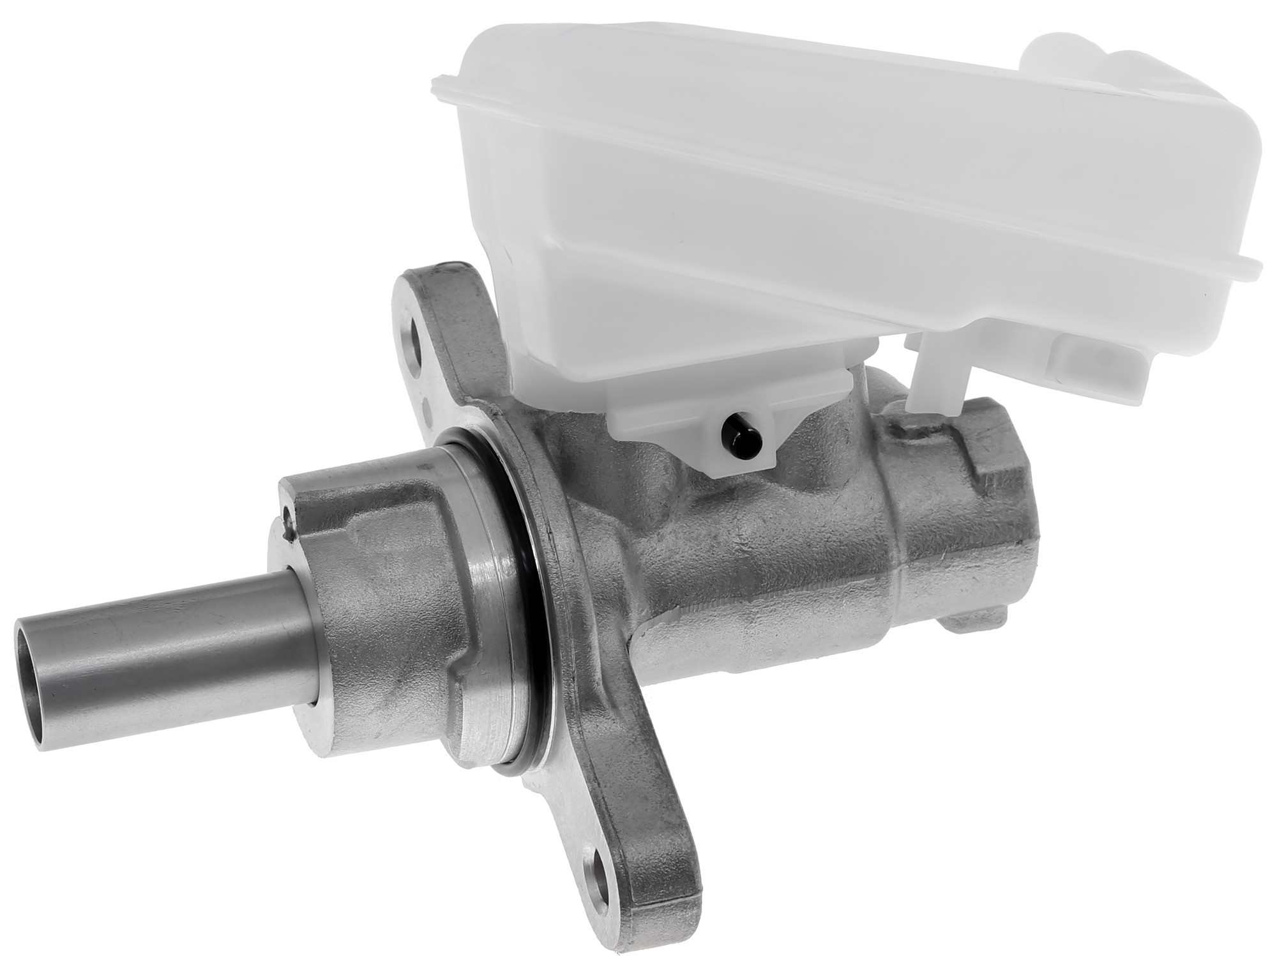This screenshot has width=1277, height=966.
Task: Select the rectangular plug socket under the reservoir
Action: point(1085,358)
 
